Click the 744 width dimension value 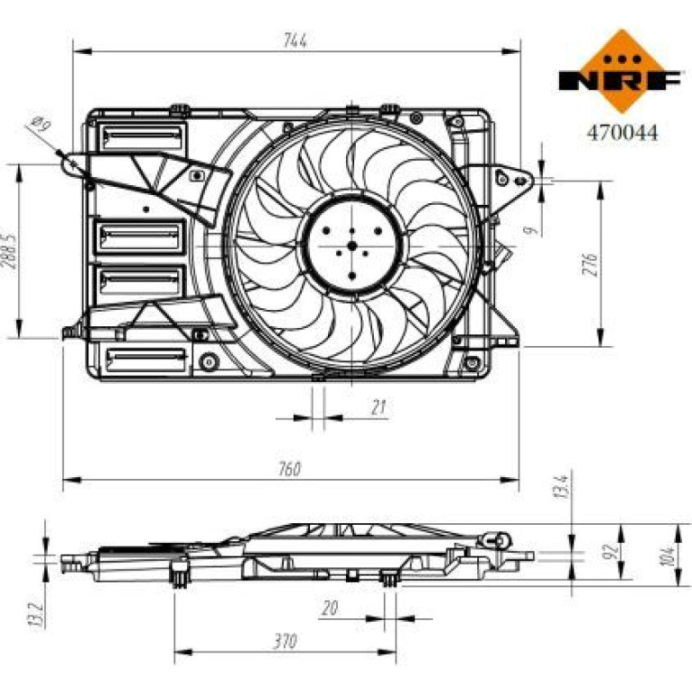tap(295, 41)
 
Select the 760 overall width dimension tap(289, 469)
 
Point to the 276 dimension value tap(590, 264)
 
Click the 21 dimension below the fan tap(378, 407)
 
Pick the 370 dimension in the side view tap(285, 642)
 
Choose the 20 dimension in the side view tap(330, 608)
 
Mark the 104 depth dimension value tap(668, 556)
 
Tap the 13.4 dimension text tap(560, 484)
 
